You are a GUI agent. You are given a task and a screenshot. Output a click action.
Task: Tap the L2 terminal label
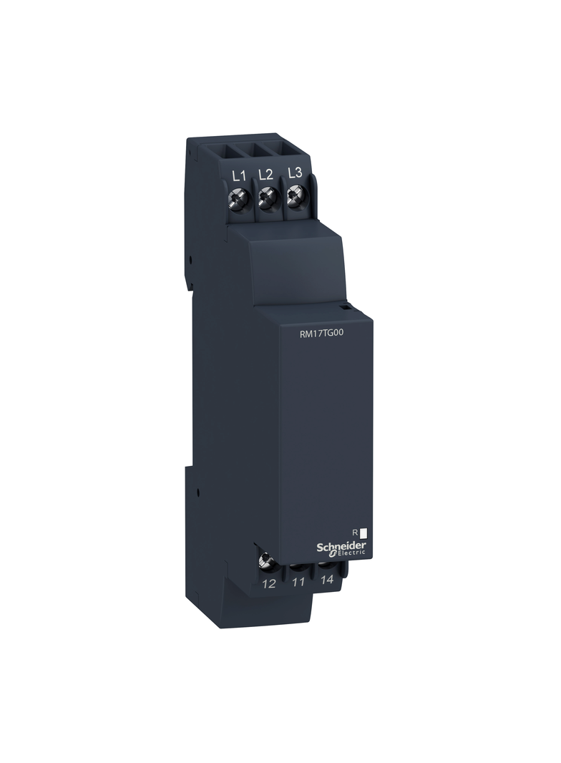[x=265, y=174]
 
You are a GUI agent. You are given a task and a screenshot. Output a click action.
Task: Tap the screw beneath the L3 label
[x=294, y=195]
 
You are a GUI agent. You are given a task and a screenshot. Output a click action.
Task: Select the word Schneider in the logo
[x=341, y=545]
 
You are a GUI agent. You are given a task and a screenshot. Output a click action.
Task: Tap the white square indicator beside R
[x=363, y=533]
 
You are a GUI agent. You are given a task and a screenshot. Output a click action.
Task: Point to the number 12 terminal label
[x=269, y=584]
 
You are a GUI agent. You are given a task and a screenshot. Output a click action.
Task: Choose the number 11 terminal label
[x=298, y=582]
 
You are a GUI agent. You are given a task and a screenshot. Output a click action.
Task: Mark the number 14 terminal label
[x=326, y=580]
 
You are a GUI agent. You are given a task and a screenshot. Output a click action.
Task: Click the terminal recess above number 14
[x=328, y=565]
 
